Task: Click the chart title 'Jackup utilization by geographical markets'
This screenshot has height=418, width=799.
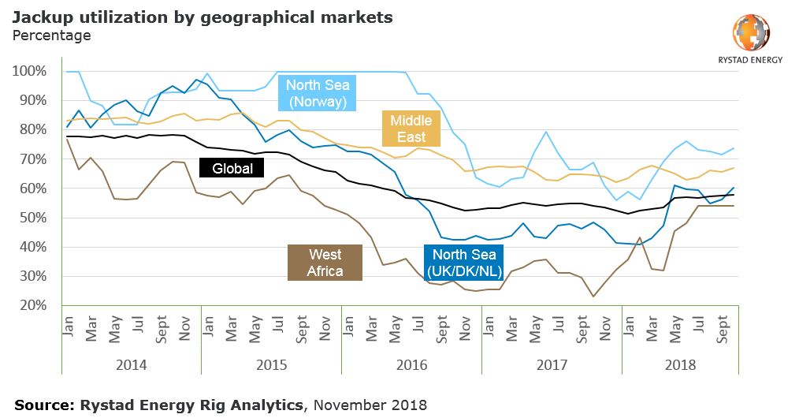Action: coord(203,17)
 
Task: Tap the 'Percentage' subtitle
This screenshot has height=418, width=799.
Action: coord(52,35)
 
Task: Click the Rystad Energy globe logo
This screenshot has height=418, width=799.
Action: coord(750,32)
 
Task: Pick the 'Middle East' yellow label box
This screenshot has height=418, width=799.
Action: coord(411,129)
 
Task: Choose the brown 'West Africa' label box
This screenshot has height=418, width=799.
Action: coord(325,263)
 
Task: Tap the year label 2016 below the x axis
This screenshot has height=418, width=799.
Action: coord(412,366)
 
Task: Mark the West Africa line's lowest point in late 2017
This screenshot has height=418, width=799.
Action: coord(593,297)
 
